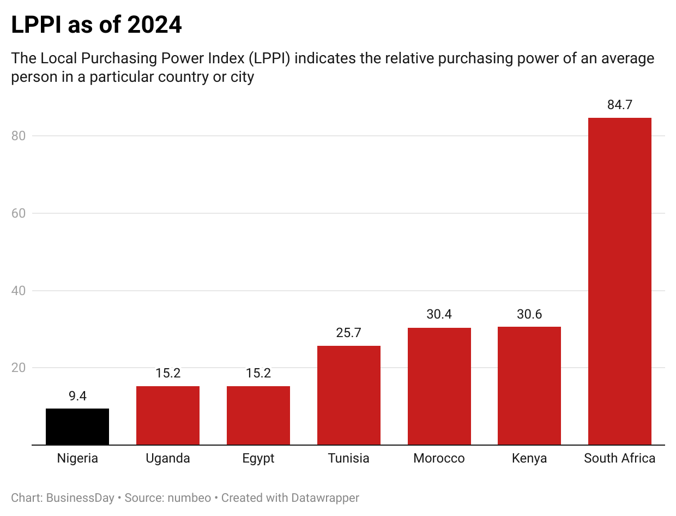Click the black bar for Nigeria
tap(77, 427)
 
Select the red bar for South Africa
tap(619, 281)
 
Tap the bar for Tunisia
tap(349, 395)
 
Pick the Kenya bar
tap(529, 386)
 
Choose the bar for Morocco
tap(439, 386)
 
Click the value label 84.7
tap(619, 105)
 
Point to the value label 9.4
tap(77, 396)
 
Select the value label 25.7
tap(349, 333)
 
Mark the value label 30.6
tap(529, 314)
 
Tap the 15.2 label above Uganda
tap(168, 374)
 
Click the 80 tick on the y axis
tap(19, 136)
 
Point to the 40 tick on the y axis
tap(19, 290)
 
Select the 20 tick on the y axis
tap(19, 368)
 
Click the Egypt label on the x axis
tap(258, 458)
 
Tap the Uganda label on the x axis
tap(168, 458)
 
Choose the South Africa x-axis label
tap(619, 458)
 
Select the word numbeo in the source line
tap(189, 498)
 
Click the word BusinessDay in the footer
tap(81, 498)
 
